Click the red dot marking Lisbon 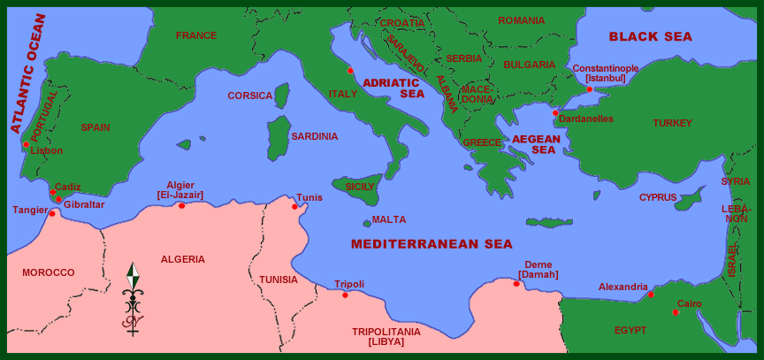[x=27, y=144]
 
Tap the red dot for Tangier [x=52, y=213]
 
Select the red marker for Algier [x=181, y=205]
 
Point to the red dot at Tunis [x=294, y=206]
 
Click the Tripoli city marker [x=345, y=295]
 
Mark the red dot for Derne [x=516, y=283]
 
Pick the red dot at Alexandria [x=651, y=295]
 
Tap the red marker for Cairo [x=676, y=311]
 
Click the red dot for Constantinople [x=589, y=88]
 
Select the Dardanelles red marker [x=555, y=112]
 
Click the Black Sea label [x=650, y=36]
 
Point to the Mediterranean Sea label [x=431, y=244]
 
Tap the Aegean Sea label [x=536, y=144]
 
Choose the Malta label [x=389, y=219]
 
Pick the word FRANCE [x=195, y=35]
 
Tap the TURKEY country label [x=672, y=123]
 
